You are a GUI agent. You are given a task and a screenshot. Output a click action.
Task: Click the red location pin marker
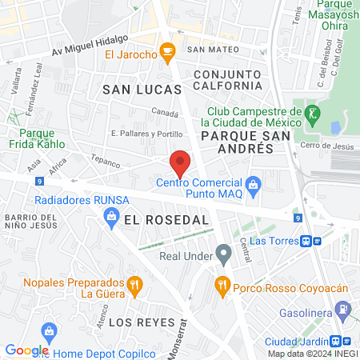point(180,164)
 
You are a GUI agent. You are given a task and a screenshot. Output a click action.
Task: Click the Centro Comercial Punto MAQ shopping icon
point(254,186)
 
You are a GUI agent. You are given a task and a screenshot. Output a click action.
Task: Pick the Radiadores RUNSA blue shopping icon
point(110,214)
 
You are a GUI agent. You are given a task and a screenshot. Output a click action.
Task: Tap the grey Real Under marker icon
point(224,255)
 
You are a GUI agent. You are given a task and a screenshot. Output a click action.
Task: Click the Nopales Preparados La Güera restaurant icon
point(135,282)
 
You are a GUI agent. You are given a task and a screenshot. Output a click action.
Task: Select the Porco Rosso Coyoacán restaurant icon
point(222,282)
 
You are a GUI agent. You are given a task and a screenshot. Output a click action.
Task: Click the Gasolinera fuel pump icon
point(342,307)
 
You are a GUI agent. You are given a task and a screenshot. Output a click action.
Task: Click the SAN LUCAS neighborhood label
point(133,90)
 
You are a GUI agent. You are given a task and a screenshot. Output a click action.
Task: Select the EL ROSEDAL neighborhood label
point(166,218)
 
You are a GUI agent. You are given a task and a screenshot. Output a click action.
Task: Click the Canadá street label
point(164,113)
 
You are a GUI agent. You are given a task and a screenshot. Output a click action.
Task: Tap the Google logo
point(26,350)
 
